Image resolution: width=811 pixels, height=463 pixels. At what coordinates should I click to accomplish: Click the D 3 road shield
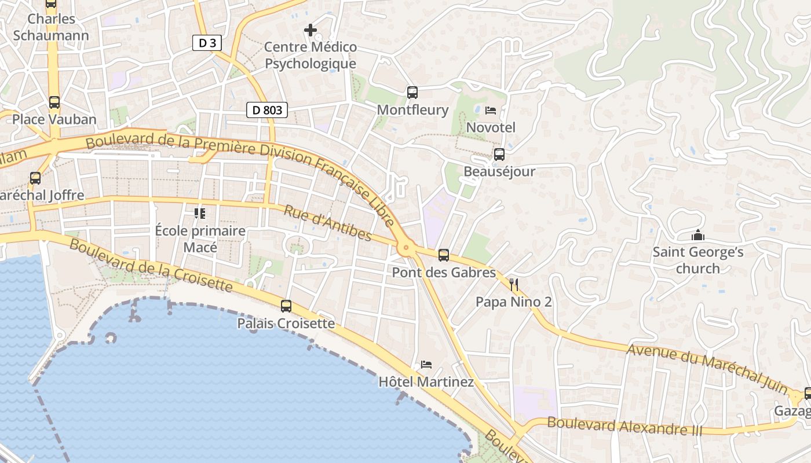coord(207,42)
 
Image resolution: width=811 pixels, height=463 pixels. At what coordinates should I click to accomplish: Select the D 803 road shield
coord(267,109)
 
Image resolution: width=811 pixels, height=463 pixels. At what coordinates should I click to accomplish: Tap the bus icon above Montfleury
coord(412,92)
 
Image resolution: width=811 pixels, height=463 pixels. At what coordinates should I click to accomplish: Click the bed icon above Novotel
coord(491,110)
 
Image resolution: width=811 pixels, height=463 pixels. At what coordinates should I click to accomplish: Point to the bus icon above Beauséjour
coord(499,155)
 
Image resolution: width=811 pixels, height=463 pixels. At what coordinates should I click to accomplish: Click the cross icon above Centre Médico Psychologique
coord(310,30)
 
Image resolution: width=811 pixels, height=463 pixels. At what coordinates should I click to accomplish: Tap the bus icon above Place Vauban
coord(54,102)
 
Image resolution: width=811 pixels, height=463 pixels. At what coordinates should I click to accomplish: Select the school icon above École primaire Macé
coord(200,214)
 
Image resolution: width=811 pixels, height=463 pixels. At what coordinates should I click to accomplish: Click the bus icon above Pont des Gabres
coord(444,255)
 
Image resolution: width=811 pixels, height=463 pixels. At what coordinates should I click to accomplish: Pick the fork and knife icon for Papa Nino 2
coord(513,284)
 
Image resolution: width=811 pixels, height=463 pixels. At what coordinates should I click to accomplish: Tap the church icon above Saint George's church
coord(698,236)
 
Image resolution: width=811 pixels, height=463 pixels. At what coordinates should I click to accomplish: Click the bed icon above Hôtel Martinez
coord(426,365)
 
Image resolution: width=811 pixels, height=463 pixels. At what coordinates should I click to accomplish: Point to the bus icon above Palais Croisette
coord(286,306)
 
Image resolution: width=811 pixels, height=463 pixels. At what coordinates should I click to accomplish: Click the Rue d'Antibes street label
coord(327,222)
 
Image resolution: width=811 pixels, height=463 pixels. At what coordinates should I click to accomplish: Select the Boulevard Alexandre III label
coord(624,426)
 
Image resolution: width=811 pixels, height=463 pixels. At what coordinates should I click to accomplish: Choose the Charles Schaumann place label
coord(51,27)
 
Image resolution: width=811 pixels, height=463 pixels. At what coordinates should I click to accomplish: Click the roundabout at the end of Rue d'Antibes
coord(405,248)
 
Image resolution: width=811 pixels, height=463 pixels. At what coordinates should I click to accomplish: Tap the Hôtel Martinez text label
coord(426,382)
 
